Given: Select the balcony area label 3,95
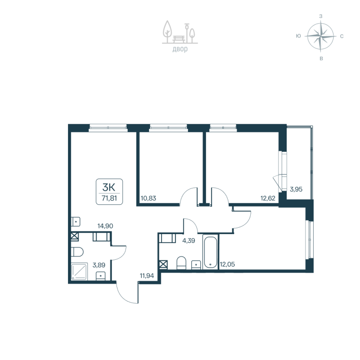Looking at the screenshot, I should click(x=296, y=189).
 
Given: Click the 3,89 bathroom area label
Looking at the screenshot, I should click(x=99, y=265).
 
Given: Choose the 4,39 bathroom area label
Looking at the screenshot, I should click(x=188, y=241).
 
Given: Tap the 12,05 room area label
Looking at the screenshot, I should click(x=227, y=265).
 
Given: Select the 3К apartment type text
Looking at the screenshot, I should click(x=109, y=186).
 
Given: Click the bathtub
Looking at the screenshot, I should click(x=210, y=252).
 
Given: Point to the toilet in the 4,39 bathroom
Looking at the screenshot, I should click(x=182, y=263).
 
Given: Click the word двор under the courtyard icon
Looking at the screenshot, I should click(x=180, y=49).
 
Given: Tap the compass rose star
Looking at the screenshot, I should click(x=320, y=36).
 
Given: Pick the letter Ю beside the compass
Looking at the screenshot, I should click(x=298, y=36).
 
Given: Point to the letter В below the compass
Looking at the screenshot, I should click(x=321, y=58).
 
